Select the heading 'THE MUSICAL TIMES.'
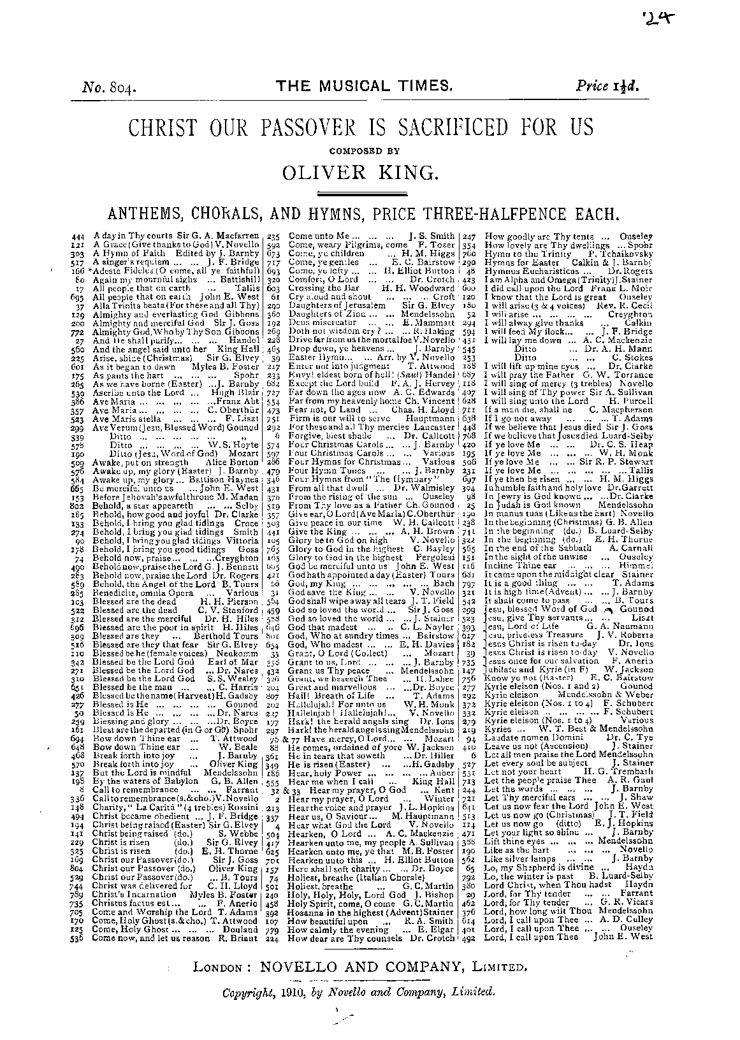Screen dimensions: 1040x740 (364, 87)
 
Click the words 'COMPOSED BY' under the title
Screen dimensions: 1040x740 (362, 151)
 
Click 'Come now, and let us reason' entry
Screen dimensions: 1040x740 (141, 938)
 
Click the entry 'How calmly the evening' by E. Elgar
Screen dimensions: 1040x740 (330, 929)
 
